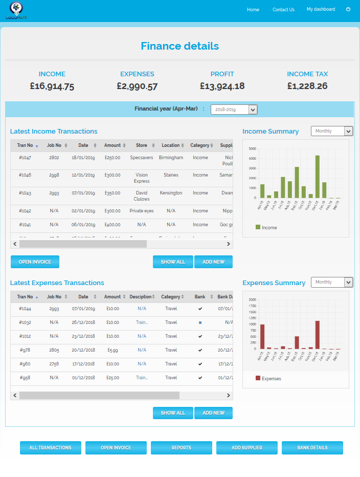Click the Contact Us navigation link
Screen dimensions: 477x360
click(x=283, y=10)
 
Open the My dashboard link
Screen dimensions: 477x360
click(x=321, y=9)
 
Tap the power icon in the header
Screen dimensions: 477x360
click(x=348, y=9)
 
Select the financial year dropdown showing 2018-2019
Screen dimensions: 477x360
click(x=234, y=110)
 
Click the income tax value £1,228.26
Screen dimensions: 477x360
click(x=307, y=86)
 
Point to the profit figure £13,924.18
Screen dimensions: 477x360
click(x=222, y=86)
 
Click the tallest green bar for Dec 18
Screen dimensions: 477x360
click(x=317, y=177)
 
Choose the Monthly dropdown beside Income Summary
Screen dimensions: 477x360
click(x=332, y=131)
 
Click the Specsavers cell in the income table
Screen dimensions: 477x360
click(x=142, y=158)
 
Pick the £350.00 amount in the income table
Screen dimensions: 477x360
click(x=112, y=193)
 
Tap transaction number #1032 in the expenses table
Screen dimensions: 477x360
click(x=25, y=322)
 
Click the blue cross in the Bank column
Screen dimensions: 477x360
click(x=200, y=322)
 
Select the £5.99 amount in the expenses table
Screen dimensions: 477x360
click(x=112, y=350)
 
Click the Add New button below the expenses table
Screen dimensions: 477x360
click(x=213, y=413)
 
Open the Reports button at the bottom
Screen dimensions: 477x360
click(x=181, y=448)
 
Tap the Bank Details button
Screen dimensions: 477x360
click(x=312, y=448)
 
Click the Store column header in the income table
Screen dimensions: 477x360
click(x=142, y=145)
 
